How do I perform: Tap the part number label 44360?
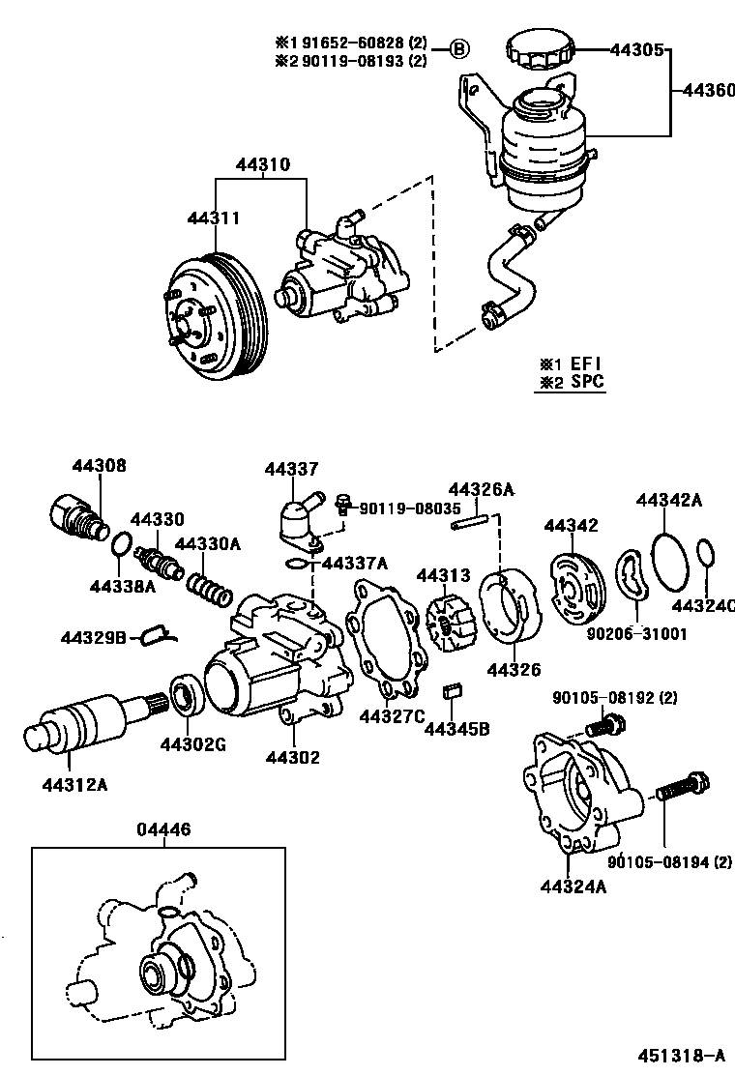click(x=708, y=90)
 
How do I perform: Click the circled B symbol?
click(x=460, y=48)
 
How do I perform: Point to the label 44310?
click(x=262, y=165)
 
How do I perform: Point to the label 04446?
click(x=163, y=828)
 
